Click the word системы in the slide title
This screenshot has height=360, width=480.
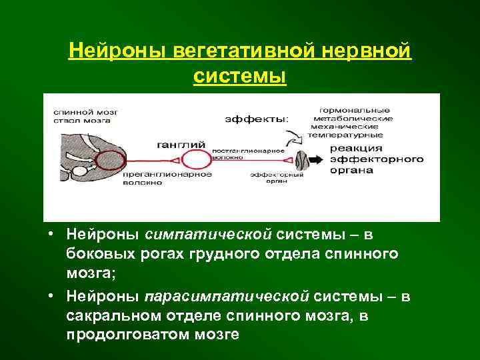(239, 76)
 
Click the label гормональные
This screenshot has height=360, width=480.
(354, 109)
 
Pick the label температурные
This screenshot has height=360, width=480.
(351, 135)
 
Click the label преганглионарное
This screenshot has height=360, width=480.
(168, 174)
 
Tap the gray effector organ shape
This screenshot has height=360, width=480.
(302, 161)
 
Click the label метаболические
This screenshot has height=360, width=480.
(355, 118)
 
